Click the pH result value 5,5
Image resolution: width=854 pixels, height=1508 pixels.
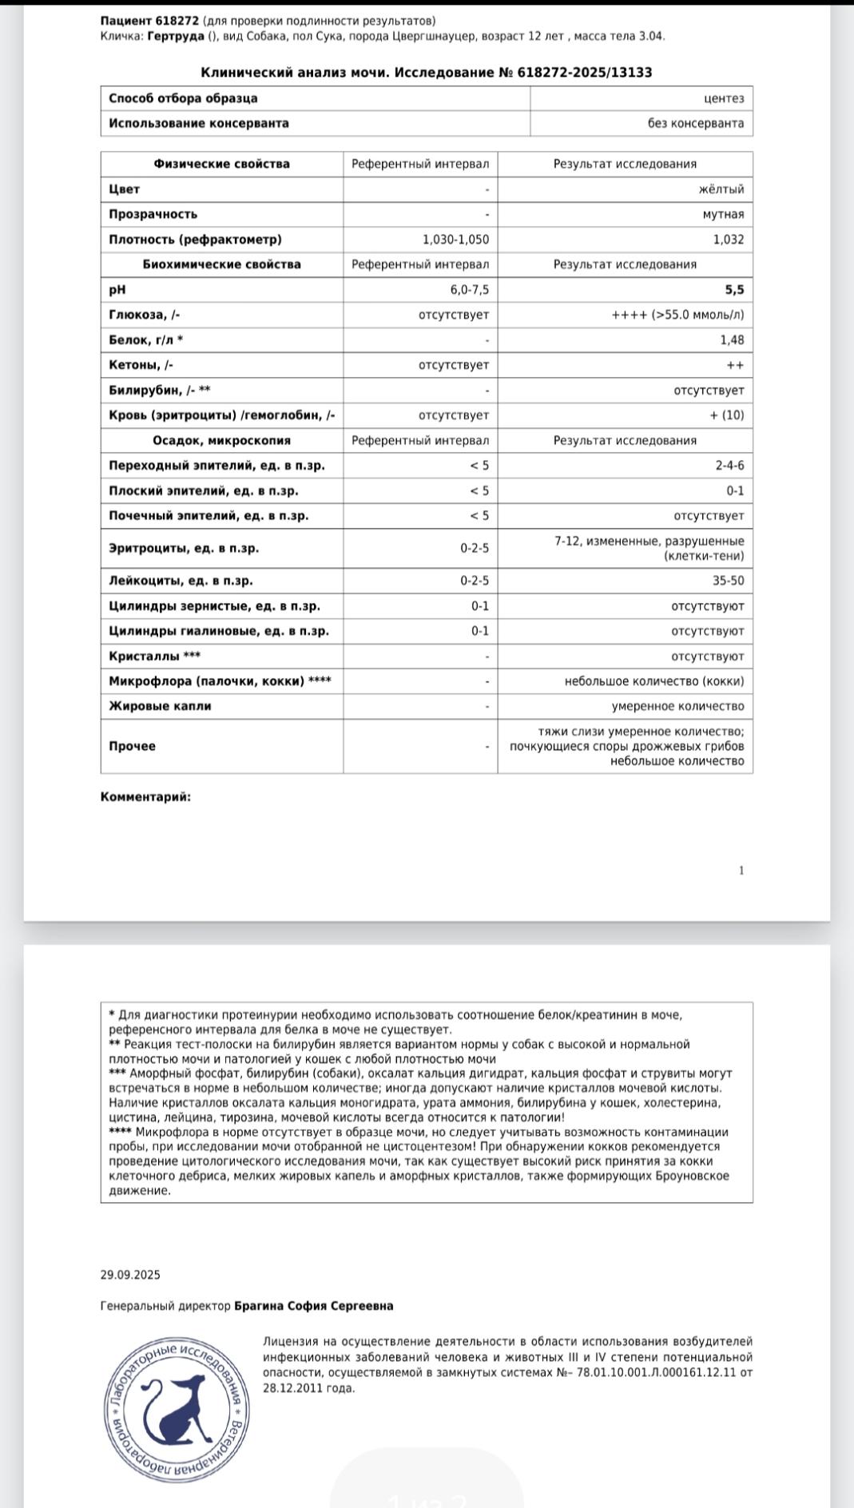pos(734,290)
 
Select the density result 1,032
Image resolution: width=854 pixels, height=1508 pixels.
pos(728,240)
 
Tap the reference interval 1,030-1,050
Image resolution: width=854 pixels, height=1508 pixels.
pos(455,240)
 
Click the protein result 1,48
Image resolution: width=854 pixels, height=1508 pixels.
pos(731,340)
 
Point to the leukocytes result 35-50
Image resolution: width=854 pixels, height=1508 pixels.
pos(728,581)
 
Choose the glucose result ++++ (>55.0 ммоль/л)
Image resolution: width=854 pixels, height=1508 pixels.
pos(677,315)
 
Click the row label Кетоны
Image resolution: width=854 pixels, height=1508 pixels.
pos(141,365)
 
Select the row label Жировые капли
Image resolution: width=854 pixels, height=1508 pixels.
pos(160,706)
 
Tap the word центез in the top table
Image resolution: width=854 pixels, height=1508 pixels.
pos(724,98)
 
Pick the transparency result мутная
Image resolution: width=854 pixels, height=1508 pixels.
pos(723,214)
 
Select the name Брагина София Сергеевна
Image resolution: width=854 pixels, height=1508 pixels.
pos(313,1306)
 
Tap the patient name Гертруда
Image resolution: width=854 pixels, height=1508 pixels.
pos(176,36)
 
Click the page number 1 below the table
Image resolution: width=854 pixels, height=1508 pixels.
pos(741,871)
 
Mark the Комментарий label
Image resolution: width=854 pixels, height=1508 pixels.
pos(145,796)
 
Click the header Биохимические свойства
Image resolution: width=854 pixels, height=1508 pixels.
pos(221,264)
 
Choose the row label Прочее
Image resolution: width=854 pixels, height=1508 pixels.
pos(132,746)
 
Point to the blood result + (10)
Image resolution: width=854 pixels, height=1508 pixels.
pos(726,415)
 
